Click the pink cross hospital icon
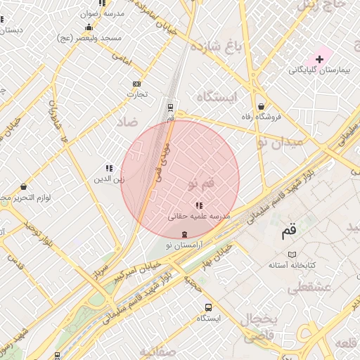pos(319,59)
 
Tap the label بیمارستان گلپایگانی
pos(317,71)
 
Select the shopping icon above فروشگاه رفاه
pos(262,106)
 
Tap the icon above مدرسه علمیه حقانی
pos(198,205)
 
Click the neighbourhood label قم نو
pos(201,183)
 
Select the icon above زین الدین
pos(109,168)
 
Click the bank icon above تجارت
pos(136,84)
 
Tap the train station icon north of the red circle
pos(170,107)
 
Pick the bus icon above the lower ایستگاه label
pos(208,307)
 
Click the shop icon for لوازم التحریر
pos(25,187)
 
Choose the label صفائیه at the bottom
pos(159,351)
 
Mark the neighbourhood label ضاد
pos(128,122)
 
